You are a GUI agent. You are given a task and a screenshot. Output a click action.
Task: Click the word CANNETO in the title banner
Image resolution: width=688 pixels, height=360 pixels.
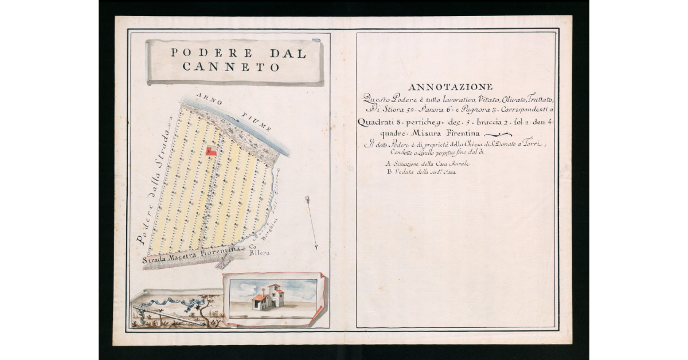point(232,67)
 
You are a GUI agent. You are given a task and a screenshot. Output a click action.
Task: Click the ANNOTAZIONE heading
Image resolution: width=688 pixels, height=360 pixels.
point(450,87)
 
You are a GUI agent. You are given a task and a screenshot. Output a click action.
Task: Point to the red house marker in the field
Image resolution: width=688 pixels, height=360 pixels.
point(210,151)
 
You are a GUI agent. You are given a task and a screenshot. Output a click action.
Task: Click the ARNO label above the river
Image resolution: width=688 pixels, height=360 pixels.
point(205,99)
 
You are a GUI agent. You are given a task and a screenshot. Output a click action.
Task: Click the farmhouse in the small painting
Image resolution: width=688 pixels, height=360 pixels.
point(268,298)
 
